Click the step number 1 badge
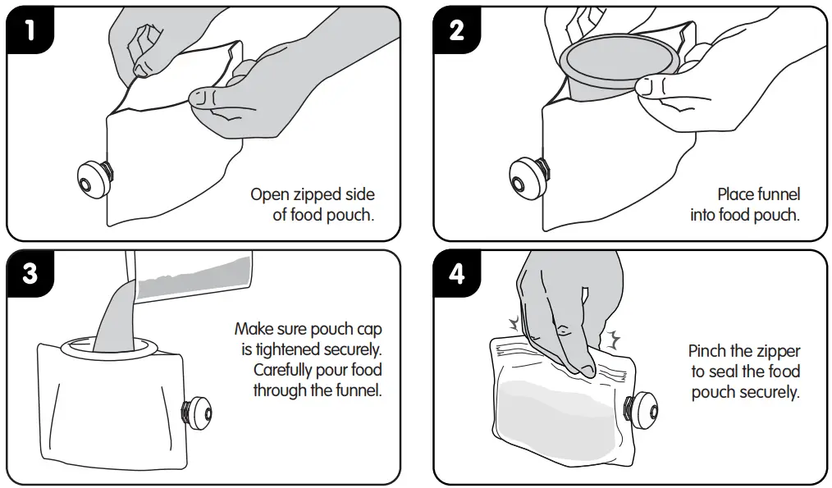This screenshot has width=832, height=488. pyautogui.click(x=30, y=30)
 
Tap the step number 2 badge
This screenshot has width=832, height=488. pyautogui.click(x=457, y=30)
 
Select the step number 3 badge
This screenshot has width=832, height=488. pyautogui.click(x=30, y=274)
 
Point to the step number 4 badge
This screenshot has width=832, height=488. pyautogui.click(x=457, y=274)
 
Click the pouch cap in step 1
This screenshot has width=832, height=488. pyautogui.click(x=94, y=179)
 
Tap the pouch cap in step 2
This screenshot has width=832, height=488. pyautogui.click(x=528, y=177)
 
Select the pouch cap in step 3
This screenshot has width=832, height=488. pyautogui.click(x=197, y=413)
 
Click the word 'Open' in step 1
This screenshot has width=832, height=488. pyautogui.click(x=269, y=194)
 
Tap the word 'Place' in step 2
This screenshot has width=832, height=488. pyautogui.click(x=735, y=194)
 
